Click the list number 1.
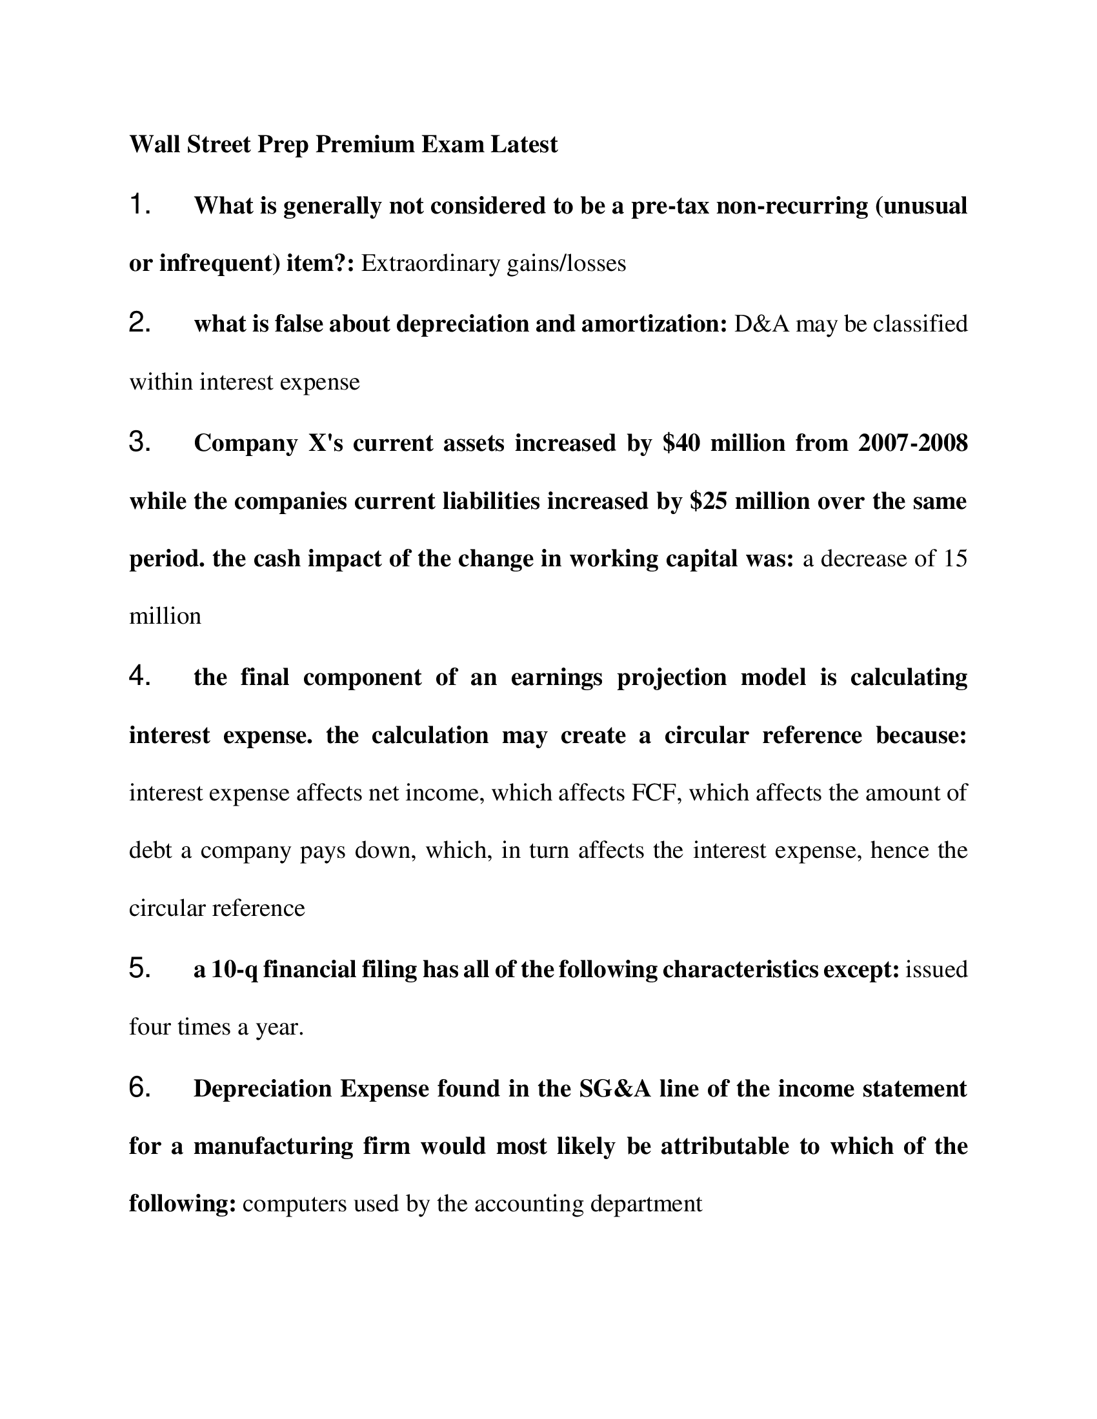tap(140, 205)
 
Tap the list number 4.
tap(140, 677)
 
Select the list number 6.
tap(140, 1088)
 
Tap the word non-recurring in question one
tap(792, 205)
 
